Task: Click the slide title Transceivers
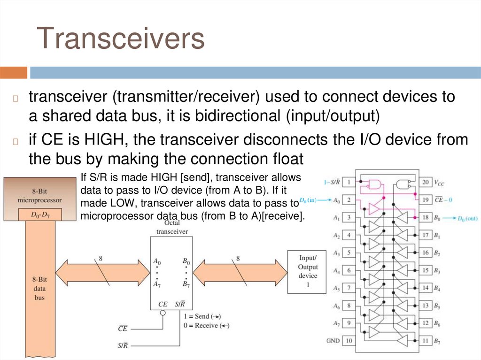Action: [121, 38]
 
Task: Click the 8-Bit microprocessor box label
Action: [39, 195]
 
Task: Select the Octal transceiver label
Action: [172, 228]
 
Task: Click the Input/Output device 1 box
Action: [308, 272]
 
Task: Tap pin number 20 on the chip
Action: [425, 182]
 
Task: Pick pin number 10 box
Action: [349, 340]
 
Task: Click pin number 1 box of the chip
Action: [349, 182]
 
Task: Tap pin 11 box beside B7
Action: [425, 340]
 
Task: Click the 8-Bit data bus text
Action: [39, 288]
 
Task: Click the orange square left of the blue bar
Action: [14, 72]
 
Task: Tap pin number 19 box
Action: [425, 200]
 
